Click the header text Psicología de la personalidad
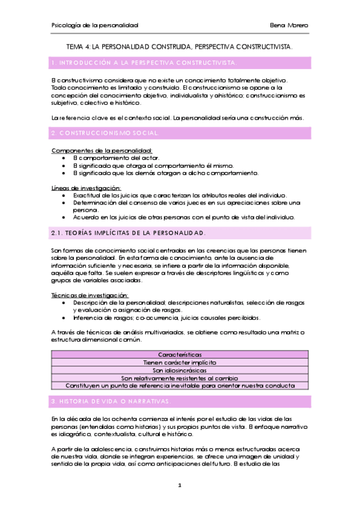pyautogui.click(x=96, y=26)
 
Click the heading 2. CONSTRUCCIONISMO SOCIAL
pyautogui.click(x=105, y=132)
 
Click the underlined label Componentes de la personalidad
pyautogui.click(x=102, y=150)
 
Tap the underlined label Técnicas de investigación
pyautogui.click(x=90, y=295)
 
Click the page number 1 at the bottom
pyautogui.click(x=180, y=485)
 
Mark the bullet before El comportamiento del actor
pyautogui.click(x=64, y=158)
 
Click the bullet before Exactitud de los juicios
pyautogui.click(x=64, y=196)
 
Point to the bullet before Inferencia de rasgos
pyautogui.click(x=64, y=318)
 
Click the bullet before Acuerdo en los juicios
pyautogui.click(x=64, y=218)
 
